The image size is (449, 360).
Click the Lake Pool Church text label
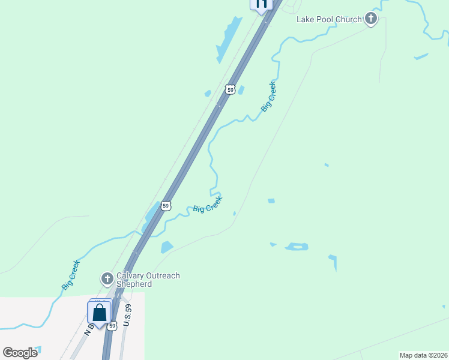point(329,19)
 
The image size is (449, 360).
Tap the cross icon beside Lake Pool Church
point(371,19)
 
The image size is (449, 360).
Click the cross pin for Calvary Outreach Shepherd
point(107,278)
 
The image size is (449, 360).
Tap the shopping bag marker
point(99,313)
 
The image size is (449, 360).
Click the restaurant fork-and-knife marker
point(261,4)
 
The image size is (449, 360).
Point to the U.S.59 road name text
point(127,316)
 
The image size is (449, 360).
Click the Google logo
point(20,352)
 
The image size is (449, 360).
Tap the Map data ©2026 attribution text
point(423,355)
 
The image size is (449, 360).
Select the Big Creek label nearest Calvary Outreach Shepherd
point(70,275)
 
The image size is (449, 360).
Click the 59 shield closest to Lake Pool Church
point(230,89)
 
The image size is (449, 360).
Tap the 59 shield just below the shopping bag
point(112,326)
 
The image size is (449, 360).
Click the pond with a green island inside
point(297,247)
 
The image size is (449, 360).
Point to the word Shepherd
point(134,284)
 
